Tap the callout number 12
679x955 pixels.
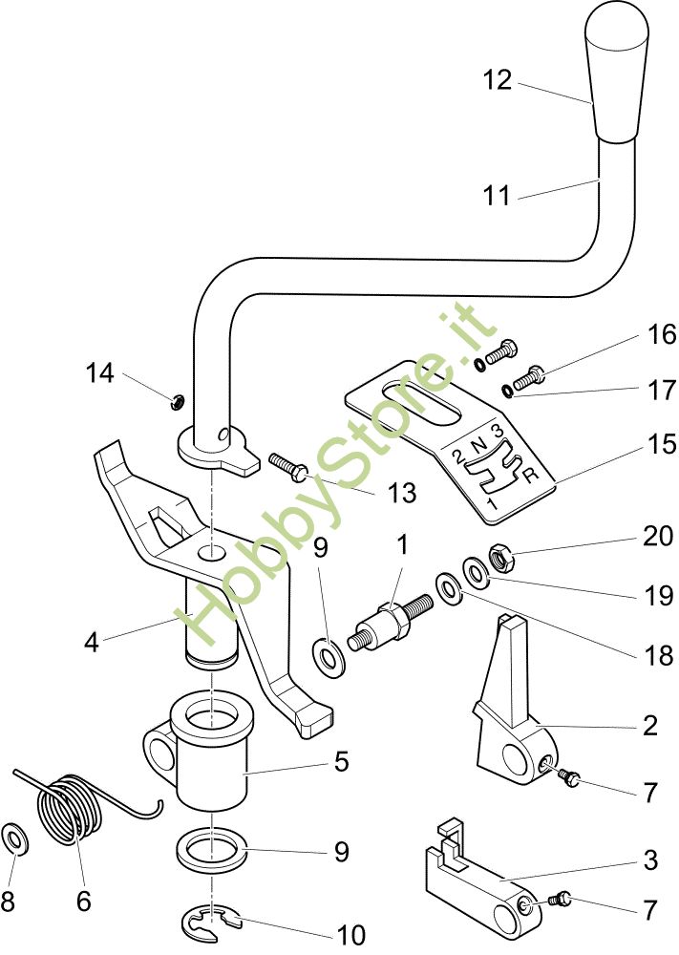click(x=497, y=81)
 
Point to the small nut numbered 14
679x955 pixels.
click(x=176, y=401)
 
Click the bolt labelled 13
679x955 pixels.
click(x=286, y=465)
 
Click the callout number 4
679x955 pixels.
click(x=91, y=642)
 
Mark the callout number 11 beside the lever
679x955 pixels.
click(x=497, y=197)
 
